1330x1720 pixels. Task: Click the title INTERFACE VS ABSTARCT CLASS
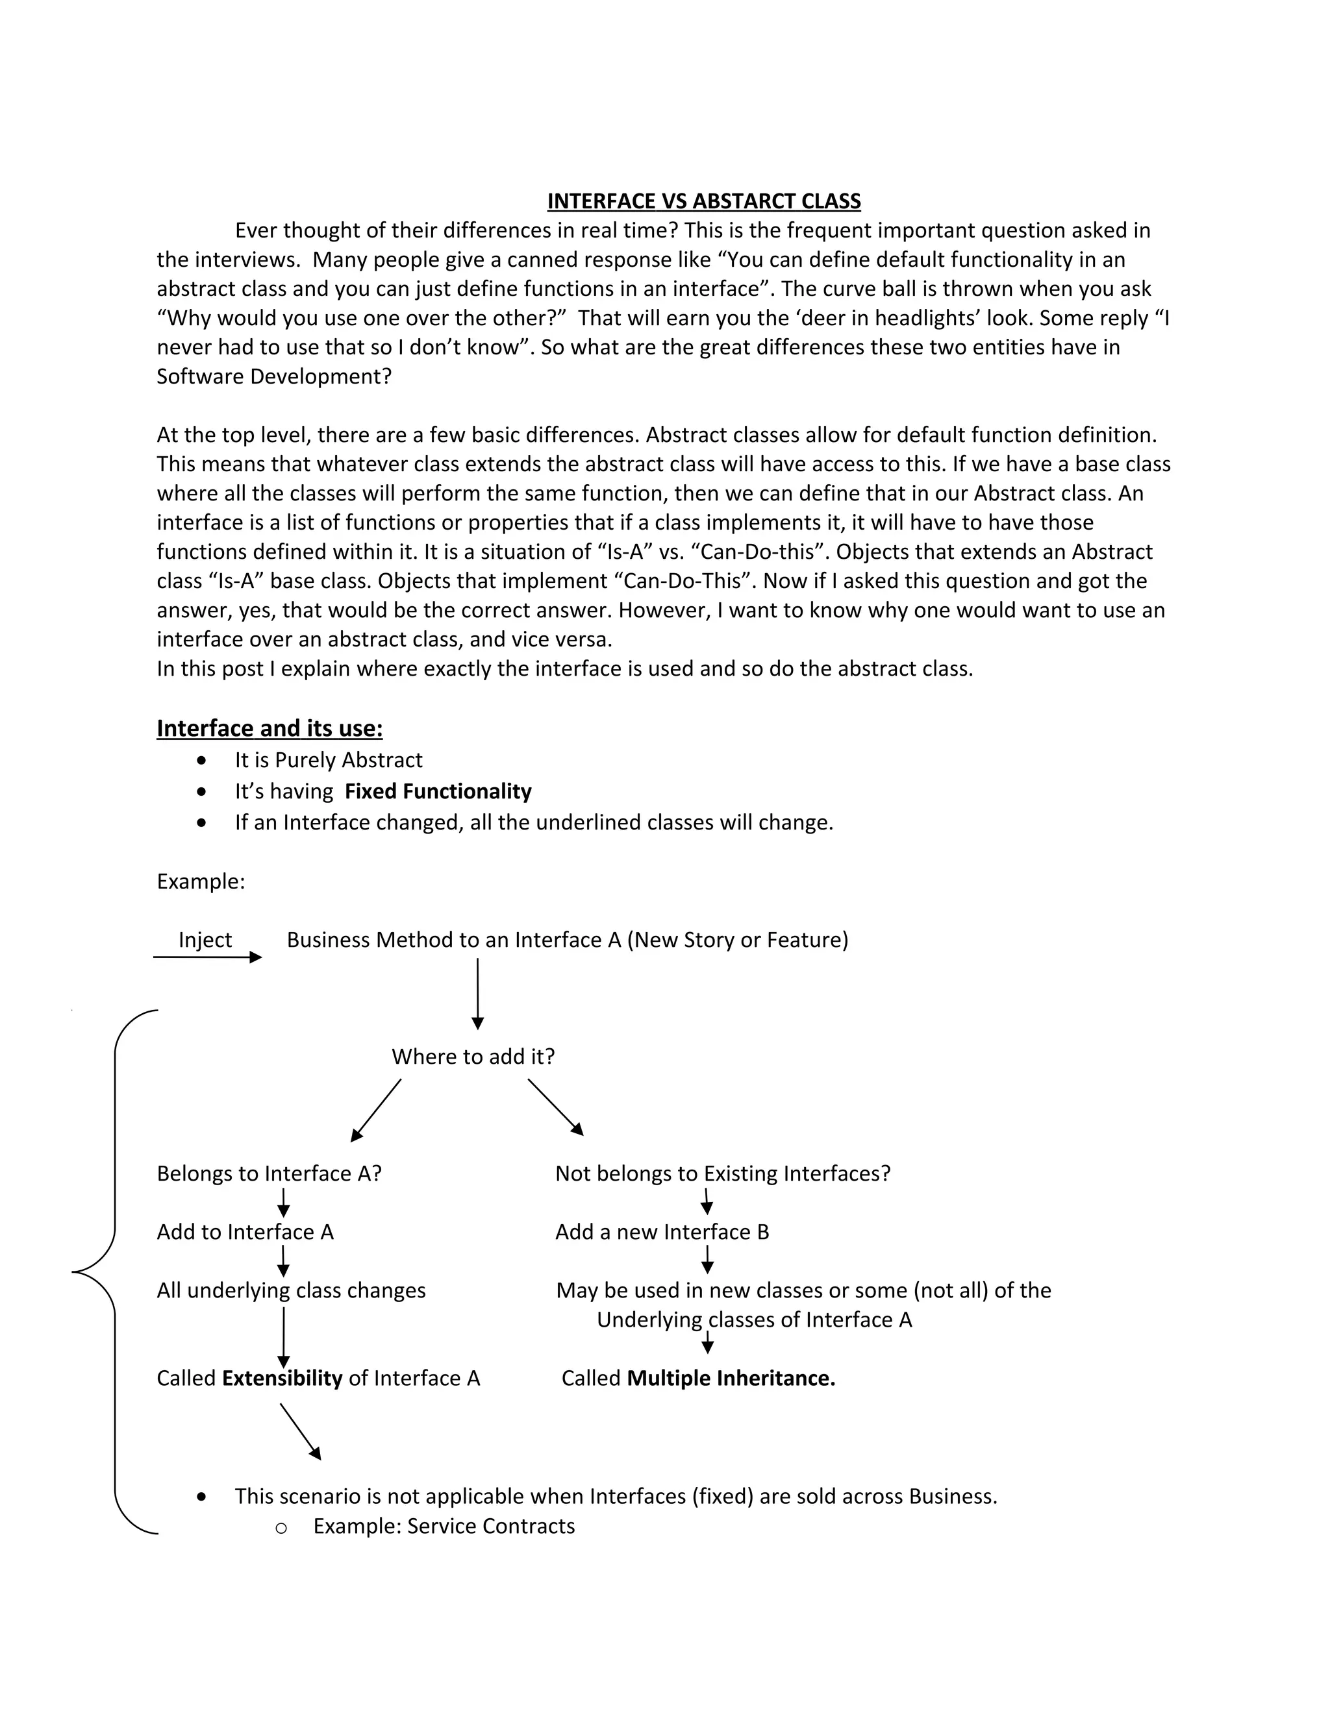point(703,202)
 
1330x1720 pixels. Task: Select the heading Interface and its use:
point(270,728)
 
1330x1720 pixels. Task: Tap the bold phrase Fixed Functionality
point(438,791)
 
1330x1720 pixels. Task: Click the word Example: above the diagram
point(201,881)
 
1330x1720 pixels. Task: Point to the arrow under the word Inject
point(207,957)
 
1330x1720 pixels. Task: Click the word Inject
point(205,940)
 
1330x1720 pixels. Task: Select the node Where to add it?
point(473,1056)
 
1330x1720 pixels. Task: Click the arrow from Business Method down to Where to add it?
point(477,992)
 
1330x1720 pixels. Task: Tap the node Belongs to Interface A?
point(269,1173)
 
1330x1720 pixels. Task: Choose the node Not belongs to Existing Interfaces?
point(723,1173)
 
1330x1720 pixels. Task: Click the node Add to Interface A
point(245,1232)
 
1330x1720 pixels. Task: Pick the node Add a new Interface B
point(662,1232)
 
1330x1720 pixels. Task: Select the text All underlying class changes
point(291,1290)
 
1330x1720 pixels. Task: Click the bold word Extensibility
point(282,1378)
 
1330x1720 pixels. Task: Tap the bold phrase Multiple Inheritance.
point(731,1378)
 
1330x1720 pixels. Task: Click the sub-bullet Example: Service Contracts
point(444,1527)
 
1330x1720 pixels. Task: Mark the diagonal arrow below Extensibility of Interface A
point(300,1431)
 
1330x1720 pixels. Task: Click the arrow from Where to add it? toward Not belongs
point(555,1107)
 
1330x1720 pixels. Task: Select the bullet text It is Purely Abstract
point(328,760)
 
